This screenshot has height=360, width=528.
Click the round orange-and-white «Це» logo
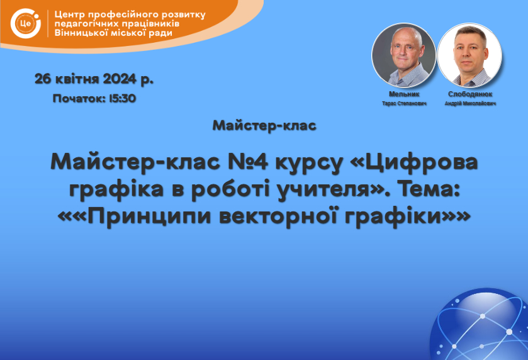[x=26, y=23]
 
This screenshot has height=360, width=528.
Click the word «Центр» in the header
[x=69, y=15]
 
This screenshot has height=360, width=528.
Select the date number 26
[x=43, y=79]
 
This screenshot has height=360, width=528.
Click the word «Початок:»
[x=79, y=98]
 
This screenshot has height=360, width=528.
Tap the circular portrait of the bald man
[x=403, y=55]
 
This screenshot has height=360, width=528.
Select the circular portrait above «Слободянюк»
[x=469, y=55]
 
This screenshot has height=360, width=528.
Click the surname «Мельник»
[x=404, y=94]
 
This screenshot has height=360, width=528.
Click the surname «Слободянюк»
[x=470, y=94]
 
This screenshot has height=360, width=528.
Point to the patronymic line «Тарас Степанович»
[x=404, y=103]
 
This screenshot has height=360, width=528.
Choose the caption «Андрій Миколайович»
[x=470, y=103]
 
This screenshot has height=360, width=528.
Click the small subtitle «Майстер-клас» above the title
[x=264, y=126]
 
